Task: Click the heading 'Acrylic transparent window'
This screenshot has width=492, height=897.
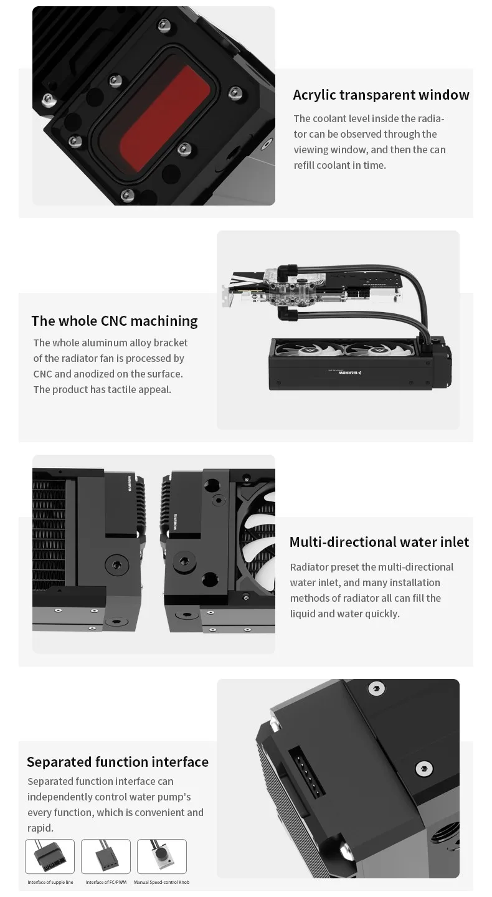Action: [x=381, y=95]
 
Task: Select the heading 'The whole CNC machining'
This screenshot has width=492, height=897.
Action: [x=115, y=321]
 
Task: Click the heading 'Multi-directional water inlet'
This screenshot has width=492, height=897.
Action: [x=379, y=542]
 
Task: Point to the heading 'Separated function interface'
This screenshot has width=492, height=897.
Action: [x=118, y=762]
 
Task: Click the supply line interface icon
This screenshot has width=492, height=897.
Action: [x=50, y=856]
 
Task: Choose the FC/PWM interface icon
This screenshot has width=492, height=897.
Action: [x=106, y=856]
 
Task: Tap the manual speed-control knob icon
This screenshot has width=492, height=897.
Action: [x=162, y=856]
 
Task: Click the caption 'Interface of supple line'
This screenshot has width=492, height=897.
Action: [x=50, y=882]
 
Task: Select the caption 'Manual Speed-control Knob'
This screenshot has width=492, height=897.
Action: [x=162, y=882]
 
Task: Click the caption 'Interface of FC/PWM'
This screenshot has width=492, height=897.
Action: [x=106, y=882]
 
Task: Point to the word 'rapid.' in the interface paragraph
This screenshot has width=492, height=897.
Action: [x=40, y=828]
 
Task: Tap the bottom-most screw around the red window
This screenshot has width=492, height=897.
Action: [x=127, y=195]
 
